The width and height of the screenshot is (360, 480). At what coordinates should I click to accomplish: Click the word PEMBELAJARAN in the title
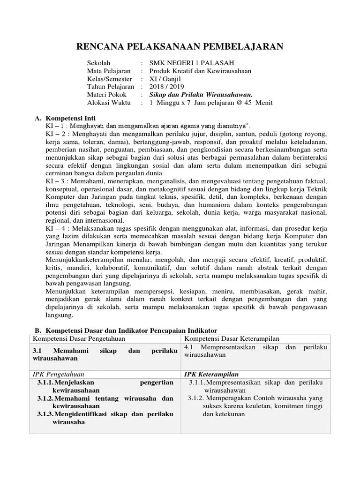[x=243, y=46]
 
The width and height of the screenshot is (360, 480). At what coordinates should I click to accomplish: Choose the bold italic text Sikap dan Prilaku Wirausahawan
[x=201, y=95]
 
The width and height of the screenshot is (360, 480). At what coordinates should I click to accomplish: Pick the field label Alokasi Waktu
[x=107, y=103]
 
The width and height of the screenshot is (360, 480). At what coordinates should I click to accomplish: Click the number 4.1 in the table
[x=189, y=347]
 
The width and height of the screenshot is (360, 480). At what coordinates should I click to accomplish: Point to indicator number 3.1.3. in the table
[x=45, y=414]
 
